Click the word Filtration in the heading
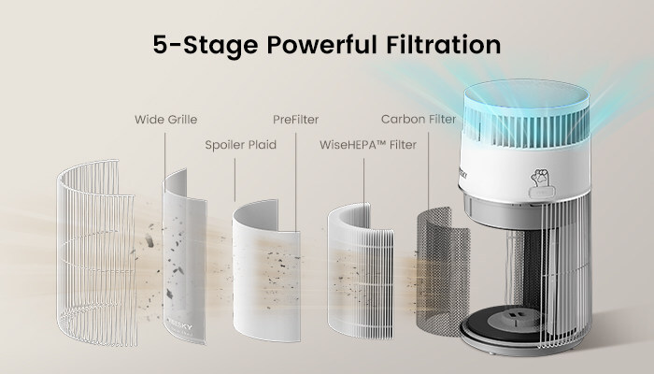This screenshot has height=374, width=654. pos(444,45)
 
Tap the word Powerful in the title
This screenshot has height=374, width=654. pos(322,45)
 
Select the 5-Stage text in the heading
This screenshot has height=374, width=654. pos(206,46)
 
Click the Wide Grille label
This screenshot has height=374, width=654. pos(165,120)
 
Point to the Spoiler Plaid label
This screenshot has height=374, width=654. pos(241,145)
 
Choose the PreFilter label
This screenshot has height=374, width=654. pos(296,120)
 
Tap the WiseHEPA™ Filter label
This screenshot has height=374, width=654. pos(368,145)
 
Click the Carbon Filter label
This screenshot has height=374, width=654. pos(419,120)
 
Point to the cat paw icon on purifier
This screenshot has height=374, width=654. pos(540,179)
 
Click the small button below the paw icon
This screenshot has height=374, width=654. pos(542,194)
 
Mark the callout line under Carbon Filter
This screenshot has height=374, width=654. pos(428,170)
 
